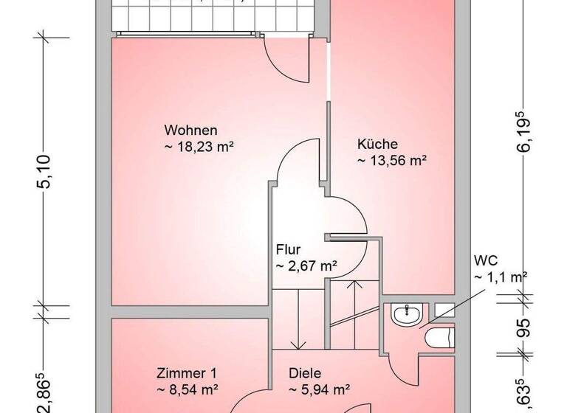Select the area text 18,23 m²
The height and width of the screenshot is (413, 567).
click(x=197, y=147)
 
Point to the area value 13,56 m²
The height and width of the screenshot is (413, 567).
click(x=392, y=159)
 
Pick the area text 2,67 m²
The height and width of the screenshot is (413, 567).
click(x=306, y=265)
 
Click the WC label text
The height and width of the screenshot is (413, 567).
click(x=486, y=260)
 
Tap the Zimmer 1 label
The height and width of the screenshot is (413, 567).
click(x=187, y=373)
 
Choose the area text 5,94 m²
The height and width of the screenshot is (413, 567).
click(x=318, y=389)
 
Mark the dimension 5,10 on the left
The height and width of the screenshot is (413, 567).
click(x=44, y=171)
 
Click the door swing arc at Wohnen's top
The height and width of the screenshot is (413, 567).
click(x=285, y=60)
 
